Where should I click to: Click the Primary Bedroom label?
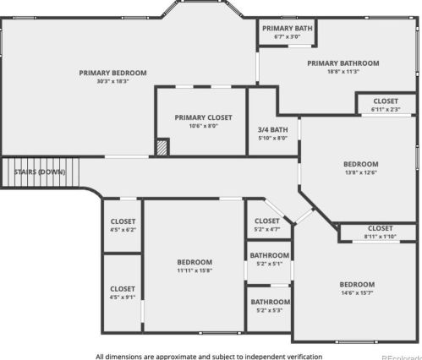coord(112,73)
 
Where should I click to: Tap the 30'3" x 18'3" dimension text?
coord(112,81)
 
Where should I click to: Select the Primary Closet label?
coord(203,117)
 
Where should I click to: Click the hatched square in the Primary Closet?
coord(162,148)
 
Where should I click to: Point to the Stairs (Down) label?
coord(40,172)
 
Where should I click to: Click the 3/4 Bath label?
coord(273,130)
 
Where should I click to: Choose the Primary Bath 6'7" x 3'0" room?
coord(287,32)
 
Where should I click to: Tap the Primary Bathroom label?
coord(343,63)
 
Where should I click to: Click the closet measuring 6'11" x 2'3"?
coord(386,104)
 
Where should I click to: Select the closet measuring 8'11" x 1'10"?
coord(378,232)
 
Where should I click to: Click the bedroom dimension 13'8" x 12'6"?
coord(361,172)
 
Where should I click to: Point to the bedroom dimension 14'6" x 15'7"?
coord(357,293)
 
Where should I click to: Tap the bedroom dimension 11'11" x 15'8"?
coord(195,270)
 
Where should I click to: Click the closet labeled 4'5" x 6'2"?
coord(123,226)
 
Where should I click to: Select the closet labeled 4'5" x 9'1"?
coord(123,293)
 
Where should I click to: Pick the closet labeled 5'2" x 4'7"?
coord(267,222)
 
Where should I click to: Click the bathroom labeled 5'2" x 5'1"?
coord(269,263)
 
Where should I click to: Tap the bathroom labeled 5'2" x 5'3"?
coord(269,309)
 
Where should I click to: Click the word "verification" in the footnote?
coord(304,357)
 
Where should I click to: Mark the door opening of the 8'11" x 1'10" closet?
coord(376,242)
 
